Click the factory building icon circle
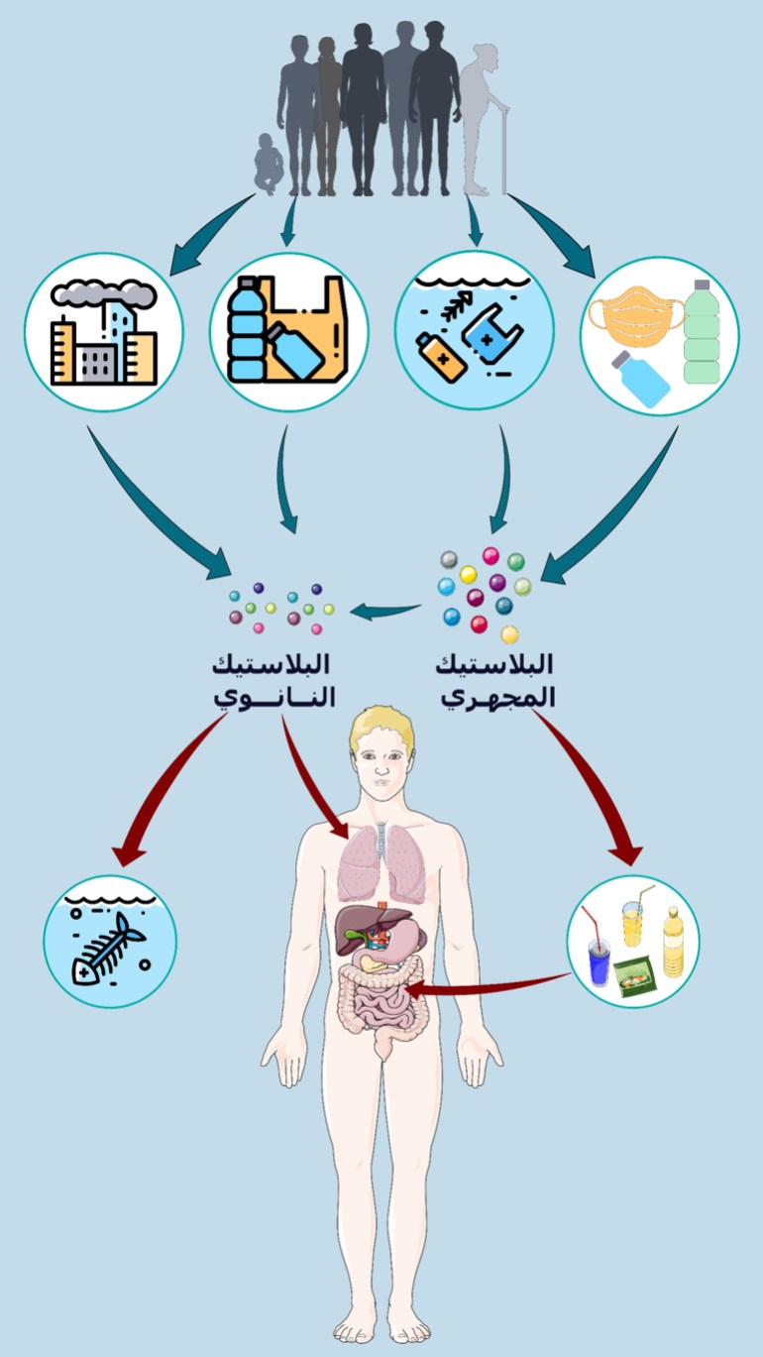click(x=103, y=332)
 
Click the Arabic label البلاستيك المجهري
click(x=495, y=680)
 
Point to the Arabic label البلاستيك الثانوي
click(x=275, y=680)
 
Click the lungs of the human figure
click(x=381, y=858)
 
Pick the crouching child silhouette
click(x=268, y=164)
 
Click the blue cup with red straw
click(x=599, y=957)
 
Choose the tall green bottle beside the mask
click(x=702, y=332)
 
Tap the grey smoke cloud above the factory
click(x=104, y=290)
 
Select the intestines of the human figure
click(x=381, y=1001)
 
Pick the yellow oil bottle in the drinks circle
click(x=673, y=942)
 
